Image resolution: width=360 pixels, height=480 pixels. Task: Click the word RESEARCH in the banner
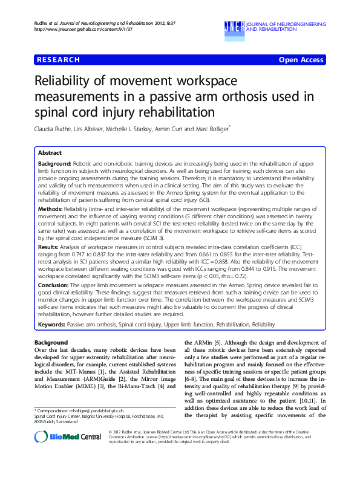click(58, 60)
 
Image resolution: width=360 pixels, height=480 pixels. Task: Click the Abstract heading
click(52, 154)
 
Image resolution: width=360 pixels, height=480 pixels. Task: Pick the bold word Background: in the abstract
click(54, 164)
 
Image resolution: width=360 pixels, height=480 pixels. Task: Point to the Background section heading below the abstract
click(51, 343)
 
